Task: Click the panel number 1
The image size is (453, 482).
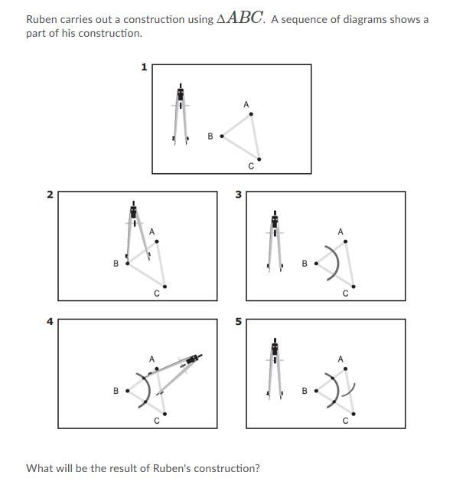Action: pyautogui.click(x=144, y=67)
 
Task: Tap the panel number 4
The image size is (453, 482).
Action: pyautogui.click(x=50, y=322)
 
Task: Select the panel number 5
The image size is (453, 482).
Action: pyautogui.click(x=239, y=322)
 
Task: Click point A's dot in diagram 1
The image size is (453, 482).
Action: pyautogui.click(x=251, y=114)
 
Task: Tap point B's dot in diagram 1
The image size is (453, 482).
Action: pyautogui.click(x=222, y=136)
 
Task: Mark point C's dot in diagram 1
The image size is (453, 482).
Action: pyautogui.click(x=259, y=159)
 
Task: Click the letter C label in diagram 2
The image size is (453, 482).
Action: pyautogui.click(x=157, y=293)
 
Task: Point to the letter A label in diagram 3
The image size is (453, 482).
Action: pyautogui.click(x=341, y=231)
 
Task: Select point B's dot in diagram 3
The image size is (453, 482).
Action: pyautogui.click(x=316, y=264)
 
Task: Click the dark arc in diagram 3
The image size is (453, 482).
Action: pyautogui.click(x=338, y=263)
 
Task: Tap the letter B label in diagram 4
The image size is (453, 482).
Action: pyautogui.click(x=116, y=391)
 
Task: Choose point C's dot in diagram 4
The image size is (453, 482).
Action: pyautogui.click(x=165, y=414)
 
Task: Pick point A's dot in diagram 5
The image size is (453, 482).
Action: pyautogui.click(x=346, y=369)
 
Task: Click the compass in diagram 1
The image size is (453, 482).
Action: pyautogui.click(x=181, y=113)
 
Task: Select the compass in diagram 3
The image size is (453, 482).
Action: pyautogui.click(x=275, y=241)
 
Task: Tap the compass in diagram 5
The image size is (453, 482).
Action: pyautogui.click(x=275, y=369)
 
